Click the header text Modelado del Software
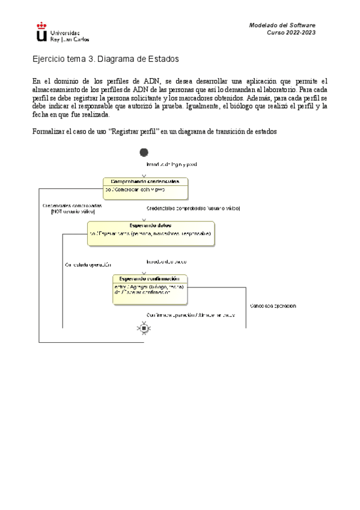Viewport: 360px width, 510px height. [x=282, y=25]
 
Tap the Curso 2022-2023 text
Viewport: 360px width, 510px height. [x=291, y=32]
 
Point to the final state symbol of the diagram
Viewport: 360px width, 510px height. [x=144, y=328]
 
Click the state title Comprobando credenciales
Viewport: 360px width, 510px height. [x=145, y=181]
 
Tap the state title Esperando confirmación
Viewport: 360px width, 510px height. [x=150, y=278]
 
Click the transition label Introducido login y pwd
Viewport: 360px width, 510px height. [x=172, y=164]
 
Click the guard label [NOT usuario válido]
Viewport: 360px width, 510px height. [x=73, y=212]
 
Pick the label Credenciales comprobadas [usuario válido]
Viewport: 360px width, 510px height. [x=193, y=207]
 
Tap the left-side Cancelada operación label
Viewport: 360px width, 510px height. [x=88, y=265]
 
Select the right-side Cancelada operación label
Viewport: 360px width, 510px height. [x=272, y=306]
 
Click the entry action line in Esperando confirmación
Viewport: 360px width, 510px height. [x=148, y=287]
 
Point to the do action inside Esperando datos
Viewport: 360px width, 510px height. [x=150, y=233]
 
